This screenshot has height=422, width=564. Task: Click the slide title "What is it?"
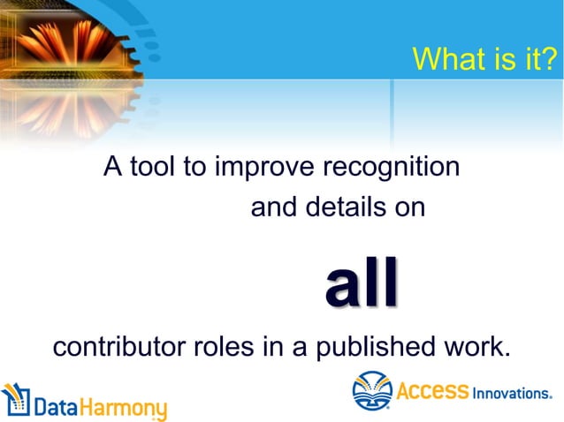click(x=484, y=59)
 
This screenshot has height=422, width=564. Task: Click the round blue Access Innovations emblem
click(x=372, y=391)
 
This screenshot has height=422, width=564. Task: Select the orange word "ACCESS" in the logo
click(x=432, y=390)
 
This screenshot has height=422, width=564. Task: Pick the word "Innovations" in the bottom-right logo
click(x=512, y=393)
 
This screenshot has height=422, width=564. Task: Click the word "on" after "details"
click(x=411, y=208)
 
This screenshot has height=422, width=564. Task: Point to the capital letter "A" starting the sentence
click(x=112, y=166)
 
